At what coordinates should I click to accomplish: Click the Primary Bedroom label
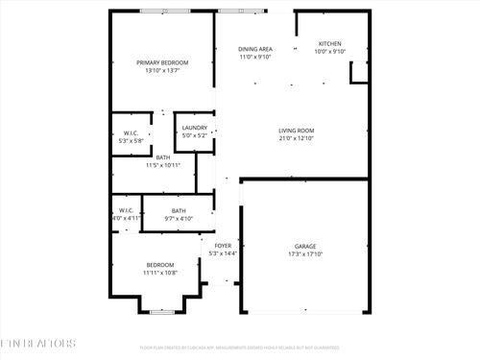click(162, 62)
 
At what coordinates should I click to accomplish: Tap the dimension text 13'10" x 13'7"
click(162, 71)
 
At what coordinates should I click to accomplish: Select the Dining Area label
click(255, 49)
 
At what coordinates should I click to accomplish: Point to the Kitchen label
click(330, 43)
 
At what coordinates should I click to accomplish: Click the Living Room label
click(297, 131)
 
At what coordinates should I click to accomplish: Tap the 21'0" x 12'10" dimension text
click(297, 139)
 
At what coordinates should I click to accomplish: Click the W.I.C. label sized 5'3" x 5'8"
click(131, 132)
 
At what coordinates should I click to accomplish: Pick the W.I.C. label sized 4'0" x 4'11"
click(126, 209)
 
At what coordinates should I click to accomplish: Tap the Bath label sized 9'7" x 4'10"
click(179, 211)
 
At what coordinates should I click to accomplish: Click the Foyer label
click(223, 246)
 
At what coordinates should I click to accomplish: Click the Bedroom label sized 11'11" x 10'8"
click(159, 264)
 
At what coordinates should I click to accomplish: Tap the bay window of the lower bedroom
click(162, 312)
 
